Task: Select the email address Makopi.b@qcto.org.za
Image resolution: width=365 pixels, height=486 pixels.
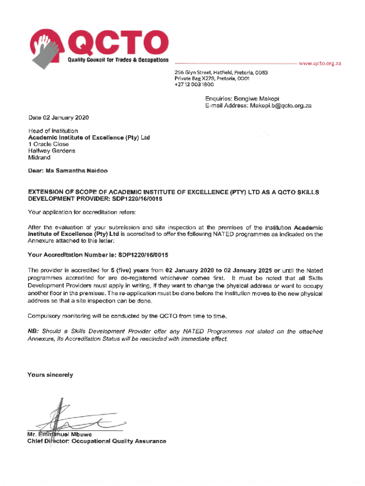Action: (281, 106)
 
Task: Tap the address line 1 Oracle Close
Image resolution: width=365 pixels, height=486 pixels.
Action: (48, 144)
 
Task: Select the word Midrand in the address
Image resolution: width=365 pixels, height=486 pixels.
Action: (39, 157)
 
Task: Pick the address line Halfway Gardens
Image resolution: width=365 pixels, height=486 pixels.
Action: (52, 150)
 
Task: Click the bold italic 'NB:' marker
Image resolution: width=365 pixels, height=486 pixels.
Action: (34, 331)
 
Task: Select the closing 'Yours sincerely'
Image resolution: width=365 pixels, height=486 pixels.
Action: (50, 375)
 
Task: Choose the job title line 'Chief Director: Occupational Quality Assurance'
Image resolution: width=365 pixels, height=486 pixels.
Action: (97, 441)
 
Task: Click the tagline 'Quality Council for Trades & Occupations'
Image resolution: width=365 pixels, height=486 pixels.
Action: (118, 60)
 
